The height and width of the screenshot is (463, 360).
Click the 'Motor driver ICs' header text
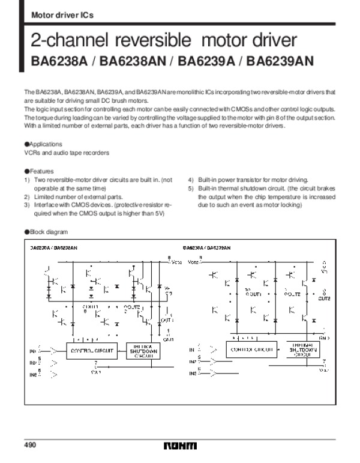53,14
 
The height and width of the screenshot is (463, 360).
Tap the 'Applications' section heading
45,145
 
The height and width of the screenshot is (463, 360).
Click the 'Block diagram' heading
48,232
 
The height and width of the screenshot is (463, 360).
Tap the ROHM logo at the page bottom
180,446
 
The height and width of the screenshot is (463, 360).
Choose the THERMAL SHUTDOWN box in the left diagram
142,351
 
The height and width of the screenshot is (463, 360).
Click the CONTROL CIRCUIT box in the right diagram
250,348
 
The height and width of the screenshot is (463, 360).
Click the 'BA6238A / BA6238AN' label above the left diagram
53,247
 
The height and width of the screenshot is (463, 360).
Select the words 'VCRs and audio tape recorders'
66,153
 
